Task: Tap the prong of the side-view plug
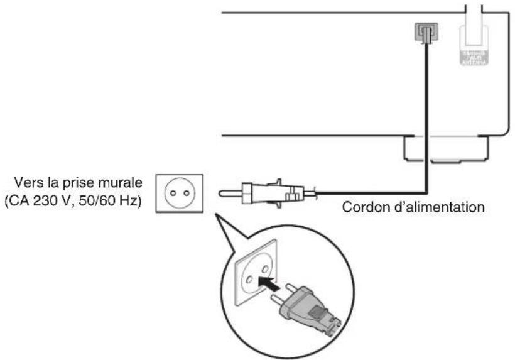(230, 193)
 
